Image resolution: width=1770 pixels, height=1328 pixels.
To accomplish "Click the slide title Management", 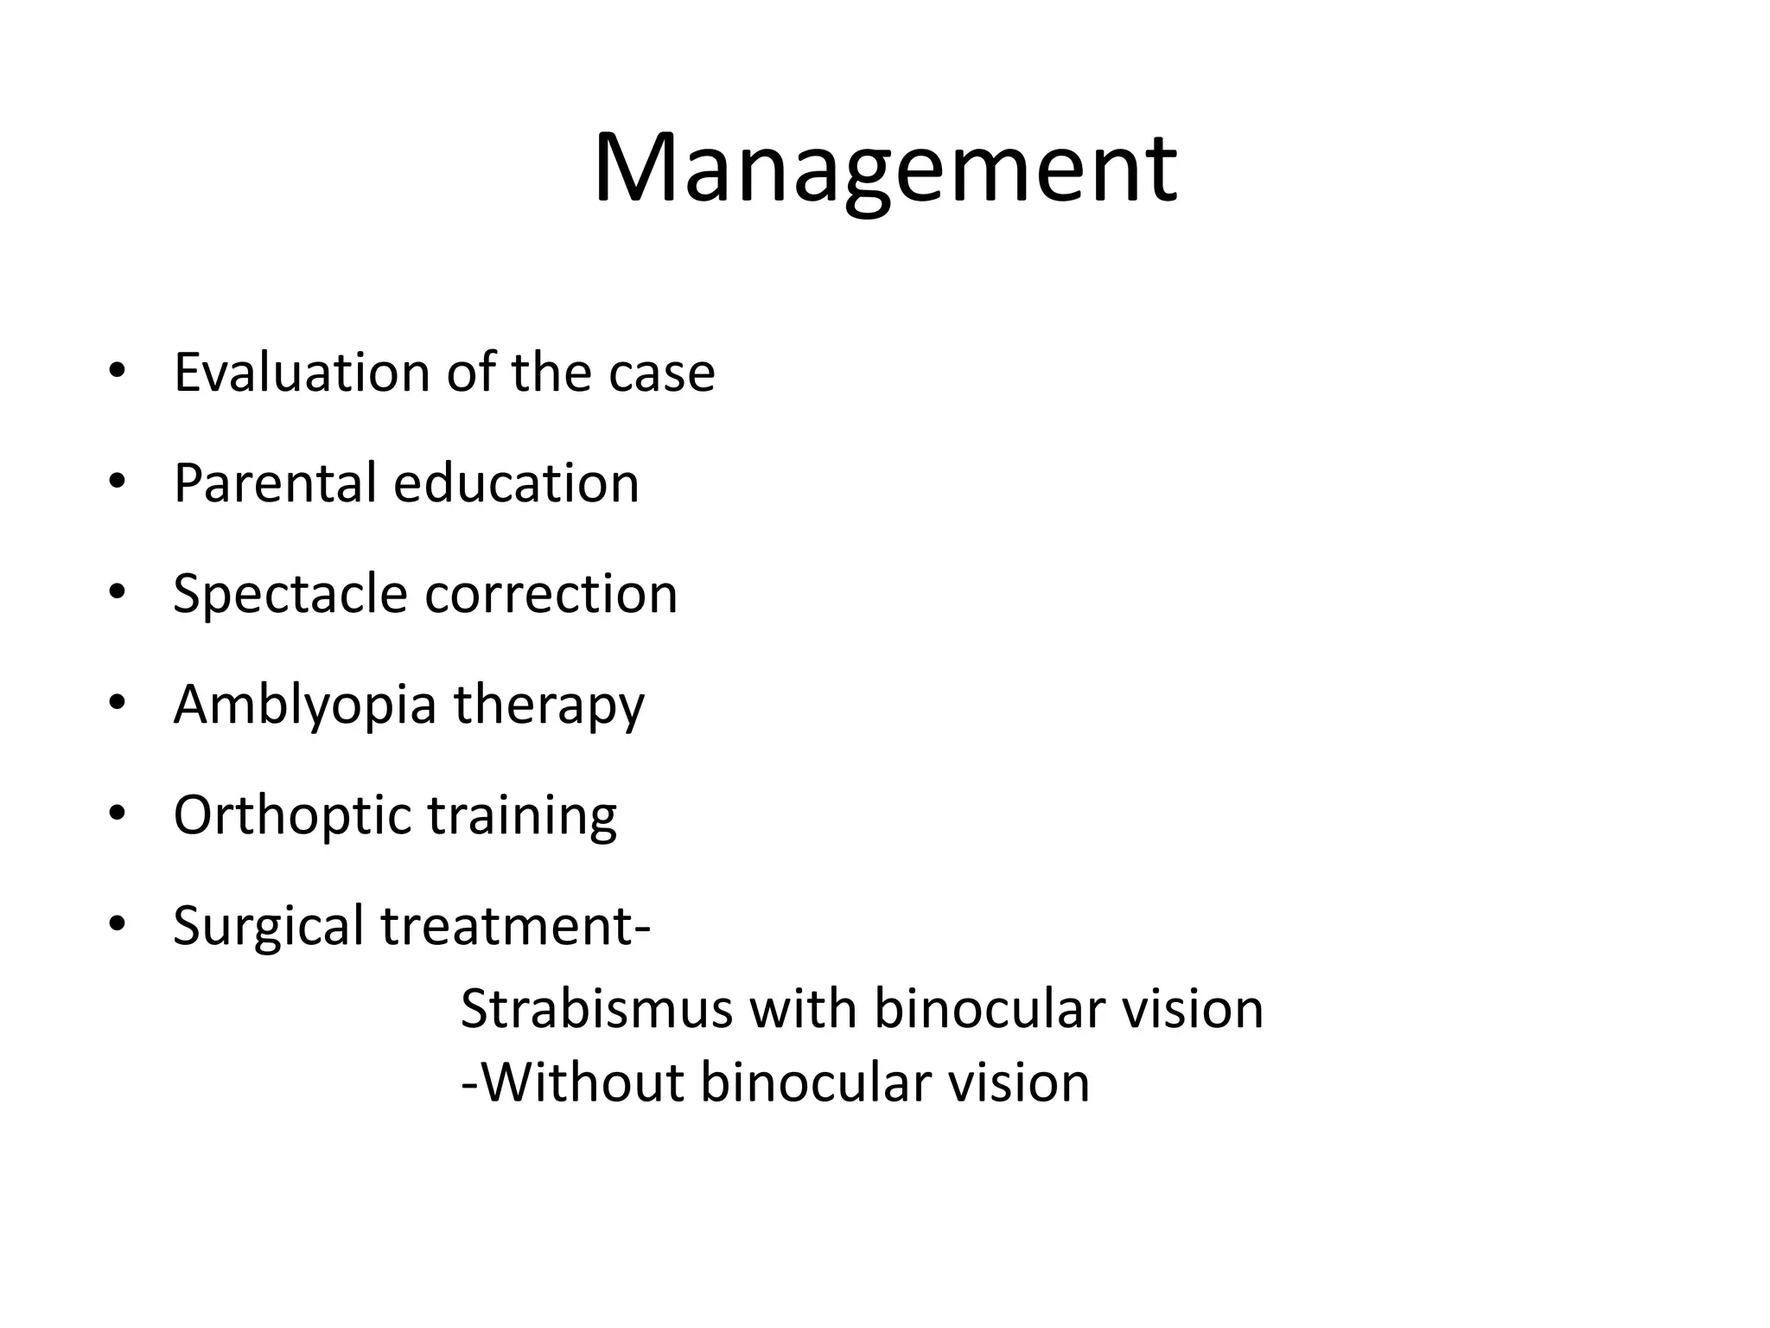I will click(884, 169).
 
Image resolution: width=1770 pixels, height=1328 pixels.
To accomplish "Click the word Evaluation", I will click(302, 373).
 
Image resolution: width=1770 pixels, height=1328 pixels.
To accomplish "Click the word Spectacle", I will click(290, 595).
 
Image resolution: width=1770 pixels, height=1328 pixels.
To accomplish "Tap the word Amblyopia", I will click(304, 705).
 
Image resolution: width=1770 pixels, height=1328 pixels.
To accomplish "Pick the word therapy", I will click(549, 705).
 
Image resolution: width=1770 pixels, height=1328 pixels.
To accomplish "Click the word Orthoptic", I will click(291, 816).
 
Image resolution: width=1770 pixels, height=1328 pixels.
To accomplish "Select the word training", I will click(522, 816).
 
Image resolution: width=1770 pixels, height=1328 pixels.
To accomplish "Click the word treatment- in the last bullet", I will click(515, 927).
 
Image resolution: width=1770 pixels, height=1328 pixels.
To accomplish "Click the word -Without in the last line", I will click(572, 1082).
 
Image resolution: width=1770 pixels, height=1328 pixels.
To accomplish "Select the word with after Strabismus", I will click(802, 1009).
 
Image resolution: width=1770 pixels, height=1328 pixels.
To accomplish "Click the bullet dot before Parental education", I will click(118, 482).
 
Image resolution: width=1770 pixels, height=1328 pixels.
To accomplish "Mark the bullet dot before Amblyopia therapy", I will click(118, 703).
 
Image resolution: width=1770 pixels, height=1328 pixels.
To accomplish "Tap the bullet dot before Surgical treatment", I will click(118, 924).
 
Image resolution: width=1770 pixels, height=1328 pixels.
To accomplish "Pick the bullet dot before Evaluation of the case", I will click(118, 371).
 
